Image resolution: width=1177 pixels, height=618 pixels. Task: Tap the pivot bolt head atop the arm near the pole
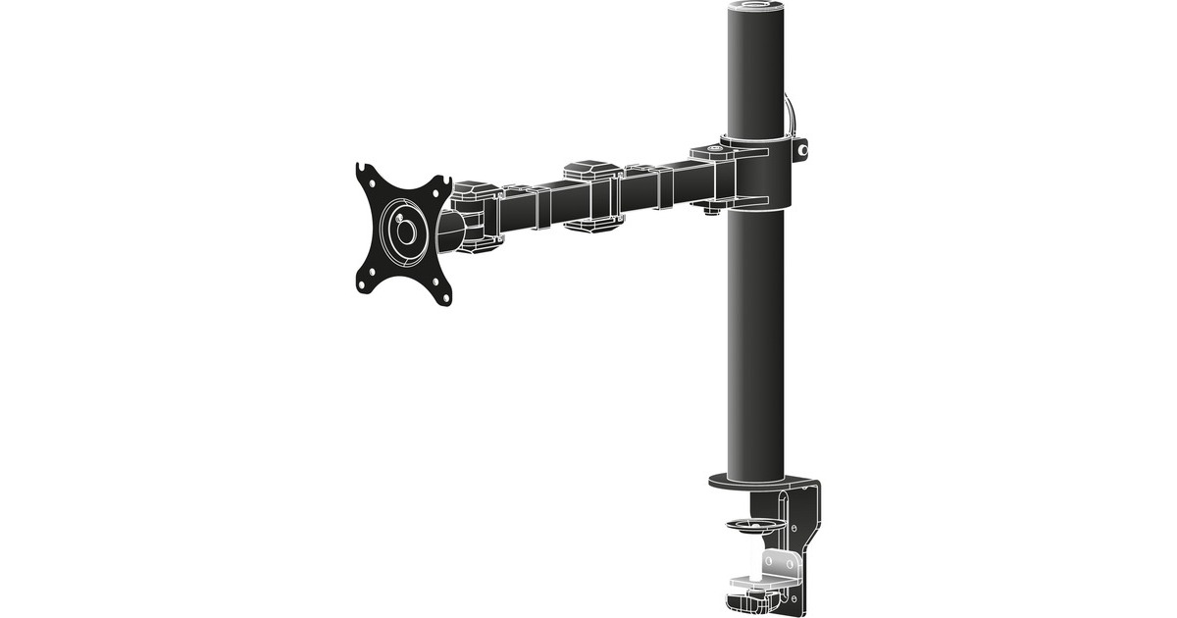[709, 153]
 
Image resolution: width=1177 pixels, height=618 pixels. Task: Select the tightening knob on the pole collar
[803, 151]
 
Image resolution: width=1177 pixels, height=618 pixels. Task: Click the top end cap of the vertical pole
[756, 9]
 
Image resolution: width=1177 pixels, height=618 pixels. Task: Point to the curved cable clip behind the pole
[793, 113]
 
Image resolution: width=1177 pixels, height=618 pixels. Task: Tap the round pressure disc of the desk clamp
[749, 526]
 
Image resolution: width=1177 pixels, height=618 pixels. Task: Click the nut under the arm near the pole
[711, 209]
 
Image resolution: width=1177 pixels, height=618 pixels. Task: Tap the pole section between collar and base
[756, 343]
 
